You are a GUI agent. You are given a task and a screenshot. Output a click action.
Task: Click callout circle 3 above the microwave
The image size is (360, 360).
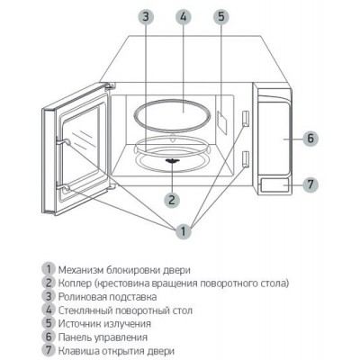tap(146, 16)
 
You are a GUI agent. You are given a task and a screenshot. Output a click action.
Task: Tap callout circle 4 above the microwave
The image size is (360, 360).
tap(184, 16)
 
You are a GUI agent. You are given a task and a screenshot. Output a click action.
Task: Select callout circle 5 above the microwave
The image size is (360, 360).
tap(221, 16)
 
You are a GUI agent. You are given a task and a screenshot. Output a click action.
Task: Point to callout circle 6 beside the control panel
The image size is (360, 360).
tap(310, 139)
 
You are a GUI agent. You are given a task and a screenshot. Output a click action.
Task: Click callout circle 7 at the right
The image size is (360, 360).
tap(310, 184)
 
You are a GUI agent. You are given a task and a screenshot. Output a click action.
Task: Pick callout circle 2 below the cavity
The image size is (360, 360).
tap(172, 200)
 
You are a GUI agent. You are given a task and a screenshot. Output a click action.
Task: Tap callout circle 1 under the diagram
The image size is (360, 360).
tap(184, 231)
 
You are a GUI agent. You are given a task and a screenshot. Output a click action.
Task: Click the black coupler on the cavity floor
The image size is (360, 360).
tap(172, 161)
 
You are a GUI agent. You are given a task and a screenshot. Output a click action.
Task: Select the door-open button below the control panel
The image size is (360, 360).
tap(274, 185)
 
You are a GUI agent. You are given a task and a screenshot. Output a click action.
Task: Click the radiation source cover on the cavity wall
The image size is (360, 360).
tap(222, 122)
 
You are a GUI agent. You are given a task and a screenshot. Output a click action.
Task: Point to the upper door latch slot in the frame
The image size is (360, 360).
tap(246, 118)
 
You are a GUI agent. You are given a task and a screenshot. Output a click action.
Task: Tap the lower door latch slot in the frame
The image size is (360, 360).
tap(246, 158)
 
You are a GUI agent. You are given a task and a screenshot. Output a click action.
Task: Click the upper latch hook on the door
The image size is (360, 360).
tap(64, 141)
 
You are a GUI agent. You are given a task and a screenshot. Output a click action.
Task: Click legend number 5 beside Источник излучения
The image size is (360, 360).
tap(49, 323)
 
